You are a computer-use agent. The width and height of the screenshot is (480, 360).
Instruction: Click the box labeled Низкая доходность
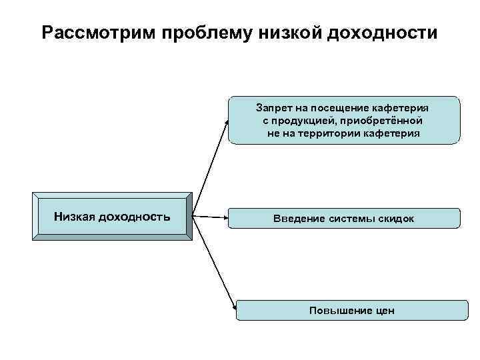112,217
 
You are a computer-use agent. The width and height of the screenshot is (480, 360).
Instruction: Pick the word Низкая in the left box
75,217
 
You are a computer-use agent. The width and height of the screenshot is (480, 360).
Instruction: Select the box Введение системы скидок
344,218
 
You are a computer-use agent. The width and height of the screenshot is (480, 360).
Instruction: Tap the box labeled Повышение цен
352,310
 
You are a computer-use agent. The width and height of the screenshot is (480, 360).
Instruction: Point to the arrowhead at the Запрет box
227,122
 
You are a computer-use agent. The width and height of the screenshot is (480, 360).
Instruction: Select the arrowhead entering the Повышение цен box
233,307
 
